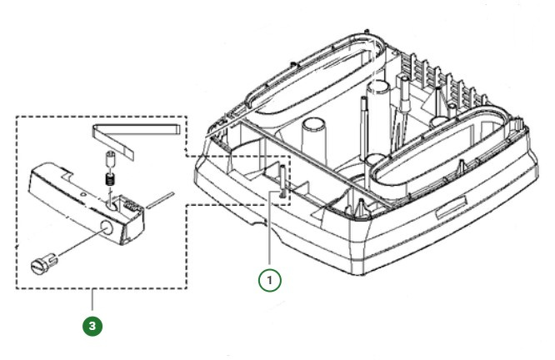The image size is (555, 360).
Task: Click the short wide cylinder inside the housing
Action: pyautogui.click(x=313, y=136)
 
